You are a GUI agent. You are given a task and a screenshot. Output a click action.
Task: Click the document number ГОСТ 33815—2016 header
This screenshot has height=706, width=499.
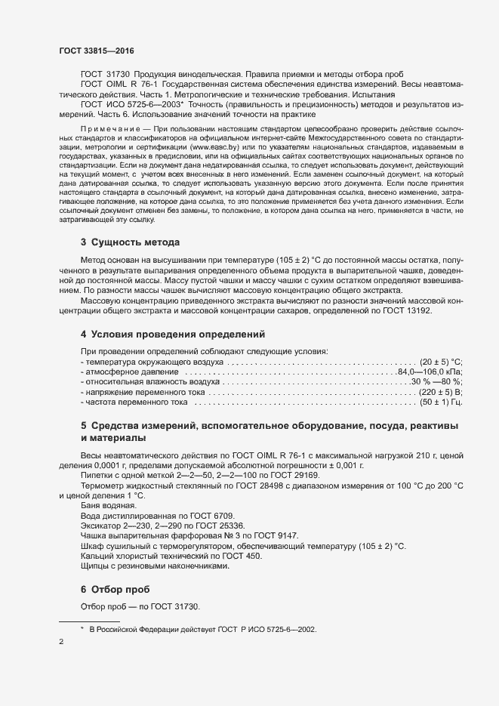click(94, 50)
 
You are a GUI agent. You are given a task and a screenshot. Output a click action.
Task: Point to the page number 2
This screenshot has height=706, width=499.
click(60, 642)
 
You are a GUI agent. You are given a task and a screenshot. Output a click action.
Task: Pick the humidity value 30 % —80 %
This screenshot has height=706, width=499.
click(436, 382)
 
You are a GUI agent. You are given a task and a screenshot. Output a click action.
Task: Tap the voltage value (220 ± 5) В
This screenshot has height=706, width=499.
click(441, 393)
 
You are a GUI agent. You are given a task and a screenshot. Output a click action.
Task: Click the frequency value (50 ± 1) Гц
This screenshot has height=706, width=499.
click(442, 403)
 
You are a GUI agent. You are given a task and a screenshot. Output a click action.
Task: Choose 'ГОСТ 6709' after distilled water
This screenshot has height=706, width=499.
click(196, 515)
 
